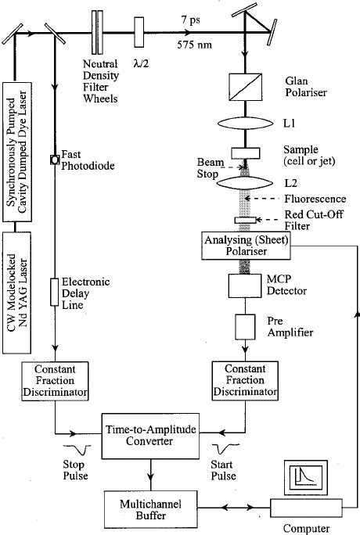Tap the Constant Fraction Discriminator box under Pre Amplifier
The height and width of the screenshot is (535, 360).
(247, 380)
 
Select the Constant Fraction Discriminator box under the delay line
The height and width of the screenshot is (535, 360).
(56, 380)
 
